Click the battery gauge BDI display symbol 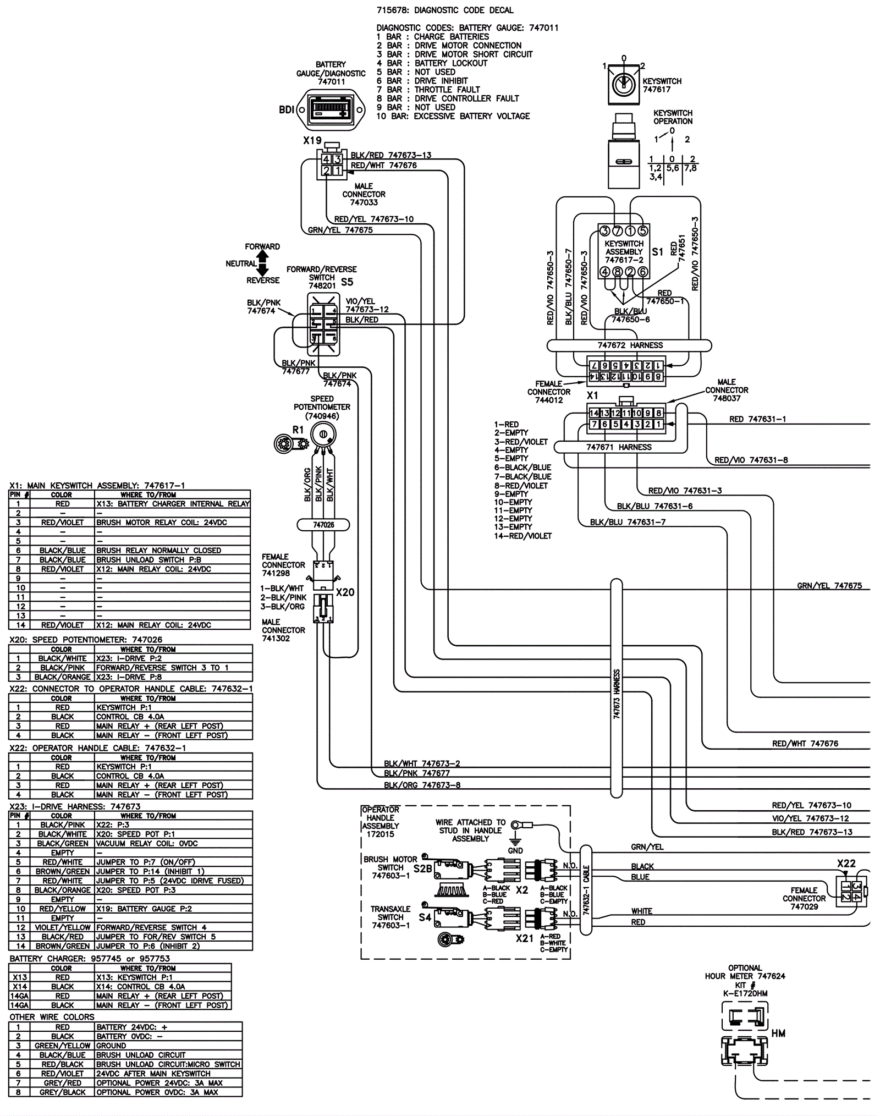[331, 109]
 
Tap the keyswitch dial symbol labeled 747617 [624, 85]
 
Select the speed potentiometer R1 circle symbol [323, 435]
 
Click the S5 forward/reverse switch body [323, 325]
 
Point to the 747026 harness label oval [323, 525]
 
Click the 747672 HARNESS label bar [629, 345]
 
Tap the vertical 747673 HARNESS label [617, 694]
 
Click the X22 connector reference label [846, 863]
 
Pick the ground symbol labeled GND [515, 842]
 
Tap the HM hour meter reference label [778, 1033]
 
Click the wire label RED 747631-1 [757, 419]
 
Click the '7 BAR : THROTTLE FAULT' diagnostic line [428, 90]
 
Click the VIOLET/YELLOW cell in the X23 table [62, 927]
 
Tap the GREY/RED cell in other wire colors [62, 1083]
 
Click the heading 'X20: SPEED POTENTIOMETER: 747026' [86, 640]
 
